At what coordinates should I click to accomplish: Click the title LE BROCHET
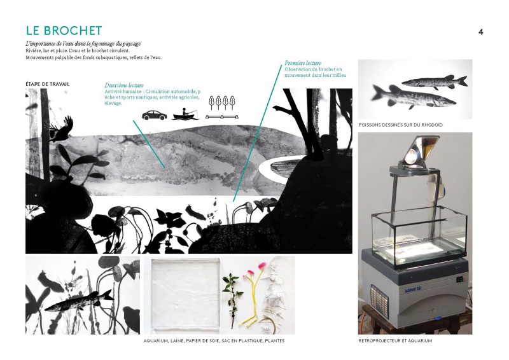64,31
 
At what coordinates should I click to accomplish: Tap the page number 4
481,32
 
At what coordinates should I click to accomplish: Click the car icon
155,115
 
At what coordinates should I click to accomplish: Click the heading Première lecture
303,63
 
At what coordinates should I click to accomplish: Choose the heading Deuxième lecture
124,85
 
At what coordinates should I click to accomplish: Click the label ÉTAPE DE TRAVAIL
47,84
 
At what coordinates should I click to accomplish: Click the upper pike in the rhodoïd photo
435,81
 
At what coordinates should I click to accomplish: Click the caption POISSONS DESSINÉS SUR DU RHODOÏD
401,125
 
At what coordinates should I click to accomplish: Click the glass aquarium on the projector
419,235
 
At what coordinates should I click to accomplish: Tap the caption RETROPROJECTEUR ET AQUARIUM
395,341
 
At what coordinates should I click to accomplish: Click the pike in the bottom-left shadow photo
79,302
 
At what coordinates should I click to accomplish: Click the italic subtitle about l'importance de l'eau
83,44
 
